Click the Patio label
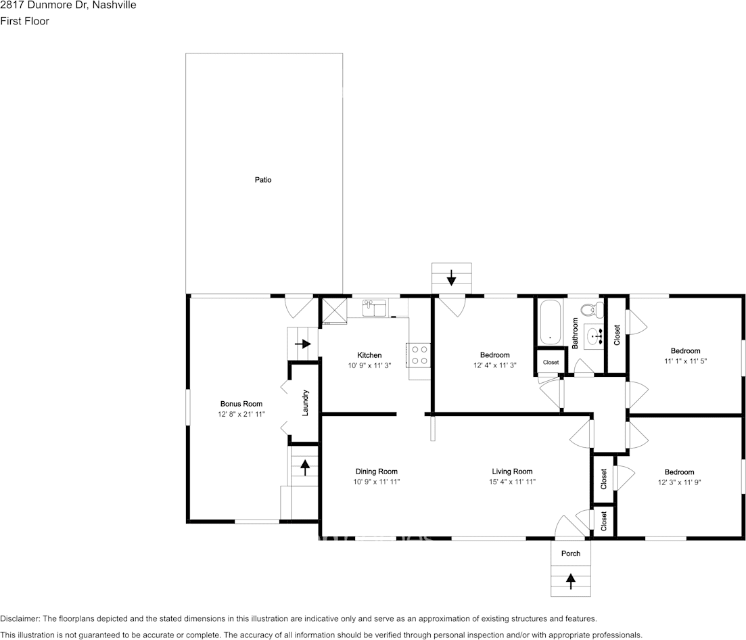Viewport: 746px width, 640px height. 263,180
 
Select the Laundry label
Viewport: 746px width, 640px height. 306,403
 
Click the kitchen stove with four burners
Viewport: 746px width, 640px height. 419,355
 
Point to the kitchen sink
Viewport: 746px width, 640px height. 373,308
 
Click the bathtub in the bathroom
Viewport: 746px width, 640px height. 551,323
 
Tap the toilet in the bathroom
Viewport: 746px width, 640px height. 592,310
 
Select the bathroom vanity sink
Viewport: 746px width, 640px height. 595,335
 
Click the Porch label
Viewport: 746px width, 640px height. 571,553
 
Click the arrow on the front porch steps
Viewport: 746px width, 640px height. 571,579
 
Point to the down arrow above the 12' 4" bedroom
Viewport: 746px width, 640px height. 451,277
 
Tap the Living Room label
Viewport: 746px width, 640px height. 512,472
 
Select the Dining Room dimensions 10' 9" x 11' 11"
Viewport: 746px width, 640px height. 376,482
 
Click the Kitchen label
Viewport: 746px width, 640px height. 369,355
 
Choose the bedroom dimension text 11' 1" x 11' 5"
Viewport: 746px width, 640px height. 685,361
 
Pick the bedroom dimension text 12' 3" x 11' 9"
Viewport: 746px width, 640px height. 679,483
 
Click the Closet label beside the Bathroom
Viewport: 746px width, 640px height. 616,335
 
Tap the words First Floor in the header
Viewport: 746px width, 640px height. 25,21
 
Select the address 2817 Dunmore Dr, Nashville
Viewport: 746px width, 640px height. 68,5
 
